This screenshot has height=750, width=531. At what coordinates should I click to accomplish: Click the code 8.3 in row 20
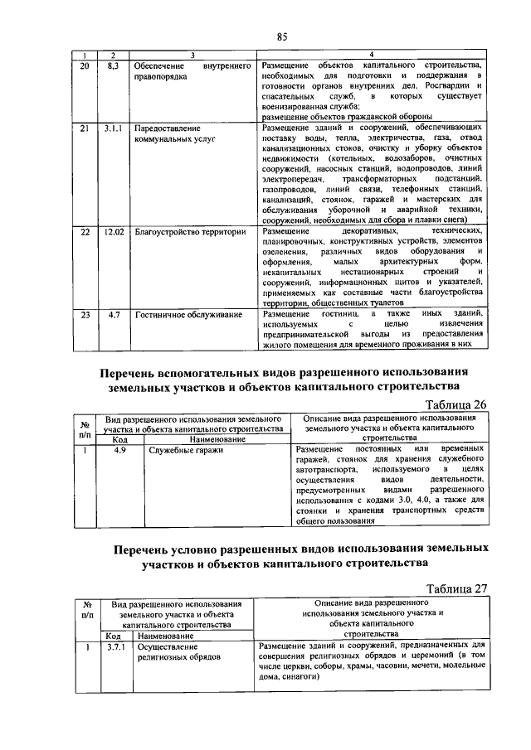tap(114, 65)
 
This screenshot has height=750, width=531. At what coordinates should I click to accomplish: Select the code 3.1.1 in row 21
tap(114, 129)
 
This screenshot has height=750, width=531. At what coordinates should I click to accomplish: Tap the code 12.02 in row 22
tap(114, 233)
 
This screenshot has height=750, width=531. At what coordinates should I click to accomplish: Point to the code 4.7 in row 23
tap(114, 315)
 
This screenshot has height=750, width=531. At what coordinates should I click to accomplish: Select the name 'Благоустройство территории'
tap(191, 233)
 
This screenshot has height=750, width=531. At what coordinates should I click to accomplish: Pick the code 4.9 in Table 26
tap(119, 449)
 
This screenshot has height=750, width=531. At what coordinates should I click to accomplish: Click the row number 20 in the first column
tap(85, 65)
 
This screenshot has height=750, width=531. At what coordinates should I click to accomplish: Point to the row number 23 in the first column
tap(85, 315)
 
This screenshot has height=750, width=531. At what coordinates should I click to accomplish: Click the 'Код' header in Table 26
tap(119, 439)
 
